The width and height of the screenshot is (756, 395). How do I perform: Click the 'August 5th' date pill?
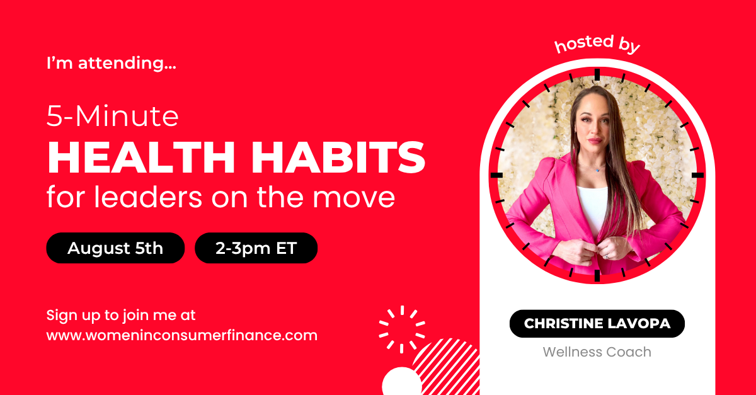pos(115,248)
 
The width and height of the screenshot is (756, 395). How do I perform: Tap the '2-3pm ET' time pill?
pos(256,248)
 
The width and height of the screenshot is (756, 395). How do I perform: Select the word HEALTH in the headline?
pos(141,157)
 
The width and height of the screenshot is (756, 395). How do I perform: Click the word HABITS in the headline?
pos(338,157)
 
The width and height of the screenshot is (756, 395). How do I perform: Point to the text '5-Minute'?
pos(112,116)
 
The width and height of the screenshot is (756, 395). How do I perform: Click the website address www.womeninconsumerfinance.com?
pos(182,335)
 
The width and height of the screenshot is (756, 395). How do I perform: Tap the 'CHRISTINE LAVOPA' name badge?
pos(597,323)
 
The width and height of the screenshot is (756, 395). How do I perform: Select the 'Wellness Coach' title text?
pos(597,352)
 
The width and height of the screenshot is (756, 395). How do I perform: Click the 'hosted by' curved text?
pos(597,44)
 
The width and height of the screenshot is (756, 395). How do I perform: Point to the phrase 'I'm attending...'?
pos(112,63)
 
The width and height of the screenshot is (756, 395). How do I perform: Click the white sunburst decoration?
pos(402,329)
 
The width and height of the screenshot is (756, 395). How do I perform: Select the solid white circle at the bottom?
pos(402,382)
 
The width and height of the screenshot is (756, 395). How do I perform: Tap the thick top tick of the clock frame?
pos(597,74)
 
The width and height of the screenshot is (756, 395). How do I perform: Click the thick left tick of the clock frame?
pos(496,175)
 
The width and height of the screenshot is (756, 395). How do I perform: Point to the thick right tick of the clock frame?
pos(697,175)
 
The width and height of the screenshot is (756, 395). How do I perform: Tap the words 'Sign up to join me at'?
pos(121,316)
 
